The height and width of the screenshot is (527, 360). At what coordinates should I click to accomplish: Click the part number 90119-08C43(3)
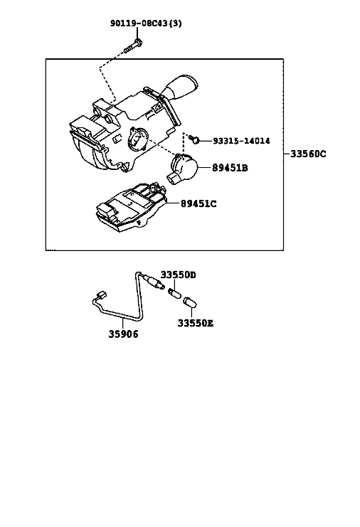147,23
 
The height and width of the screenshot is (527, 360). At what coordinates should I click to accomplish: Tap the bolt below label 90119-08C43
133,46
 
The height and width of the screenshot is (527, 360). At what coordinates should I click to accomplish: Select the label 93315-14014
241,141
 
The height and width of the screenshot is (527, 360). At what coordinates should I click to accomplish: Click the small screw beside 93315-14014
194,139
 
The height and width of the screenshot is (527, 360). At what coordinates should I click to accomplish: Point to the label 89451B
230,167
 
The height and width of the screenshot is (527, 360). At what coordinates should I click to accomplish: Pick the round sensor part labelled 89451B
183,168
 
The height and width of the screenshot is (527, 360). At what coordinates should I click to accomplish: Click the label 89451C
198,203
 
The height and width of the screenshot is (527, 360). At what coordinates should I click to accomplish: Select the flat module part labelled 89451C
130,208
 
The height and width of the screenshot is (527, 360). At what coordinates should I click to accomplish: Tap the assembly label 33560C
308,154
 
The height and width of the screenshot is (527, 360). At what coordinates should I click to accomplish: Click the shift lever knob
180,87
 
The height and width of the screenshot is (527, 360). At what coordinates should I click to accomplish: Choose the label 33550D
178,275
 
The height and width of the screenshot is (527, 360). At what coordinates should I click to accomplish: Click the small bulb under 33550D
175,294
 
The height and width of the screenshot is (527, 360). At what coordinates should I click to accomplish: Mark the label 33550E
195,324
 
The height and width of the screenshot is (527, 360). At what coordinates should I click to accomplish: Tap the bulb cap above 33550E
190,302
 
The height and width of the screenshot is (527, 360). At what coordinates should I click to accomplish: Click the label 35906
123,334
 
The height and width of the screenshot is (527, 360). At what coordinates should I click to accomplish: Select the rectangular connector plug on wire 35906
101,295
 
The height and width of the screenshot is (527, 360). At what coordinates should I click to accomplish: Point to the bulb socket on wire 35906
154,281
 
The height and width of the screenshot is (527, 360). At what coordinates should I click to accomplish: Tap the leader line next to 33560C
287,154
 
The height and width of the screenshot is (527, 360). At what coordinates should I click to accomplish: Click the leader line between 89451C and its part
173,203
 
